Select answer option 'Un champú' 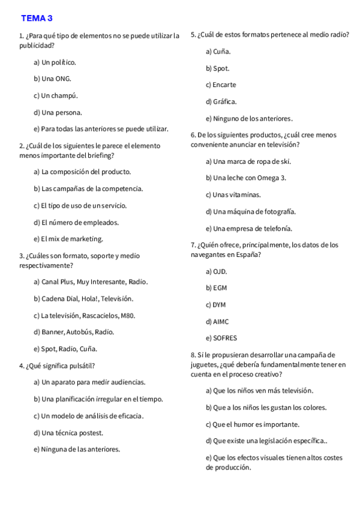56,95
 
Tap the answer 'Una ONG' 53,79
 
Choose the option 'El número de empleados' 76,222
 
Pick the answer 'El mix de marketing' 68,239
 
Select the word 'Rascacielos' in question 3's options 100,315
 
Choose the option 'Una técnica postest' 68,432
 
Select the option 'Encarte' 221,85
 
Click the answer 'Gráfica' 221,101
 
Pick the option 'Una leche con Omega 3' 246,178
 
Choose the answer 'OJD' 217,271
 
